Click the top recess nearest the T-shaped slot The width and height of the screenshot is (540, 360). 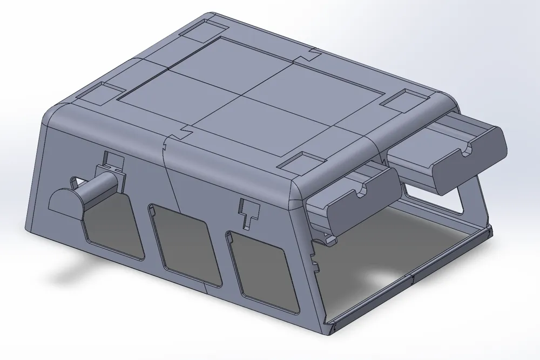(300, 162)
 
